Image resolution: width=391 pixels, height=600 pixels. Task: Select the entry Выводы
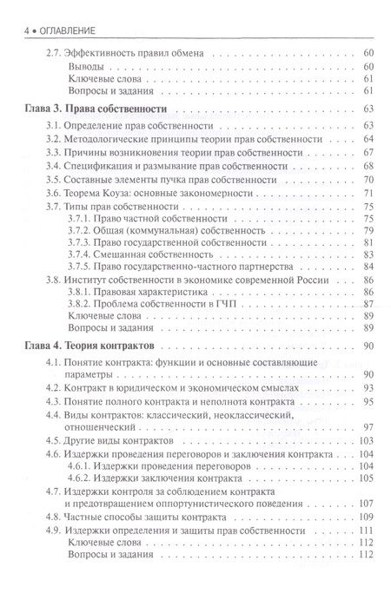[x=86, y=66]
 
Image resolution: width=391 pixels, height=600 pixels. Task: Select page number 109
[x=366, y=516]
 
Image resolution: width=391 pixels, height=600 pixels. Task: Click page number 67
[x=368, y=151]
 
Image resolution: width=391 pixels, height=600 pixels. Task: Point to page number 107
[x=366, y=502]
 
